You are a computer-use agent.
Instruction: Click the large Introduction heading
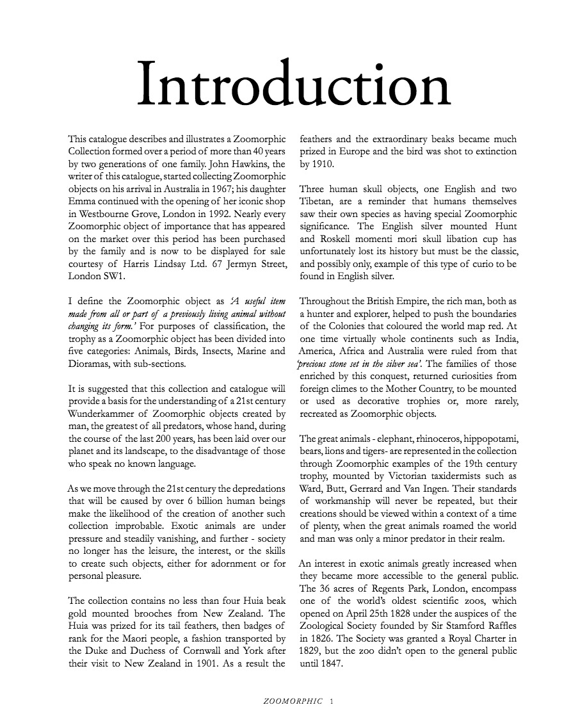coord(294,86)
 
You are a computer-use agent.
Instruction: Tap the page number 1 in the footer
coord(331,702)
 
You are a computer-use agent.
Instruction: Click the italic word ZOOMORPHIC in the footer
coord(293,702)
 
